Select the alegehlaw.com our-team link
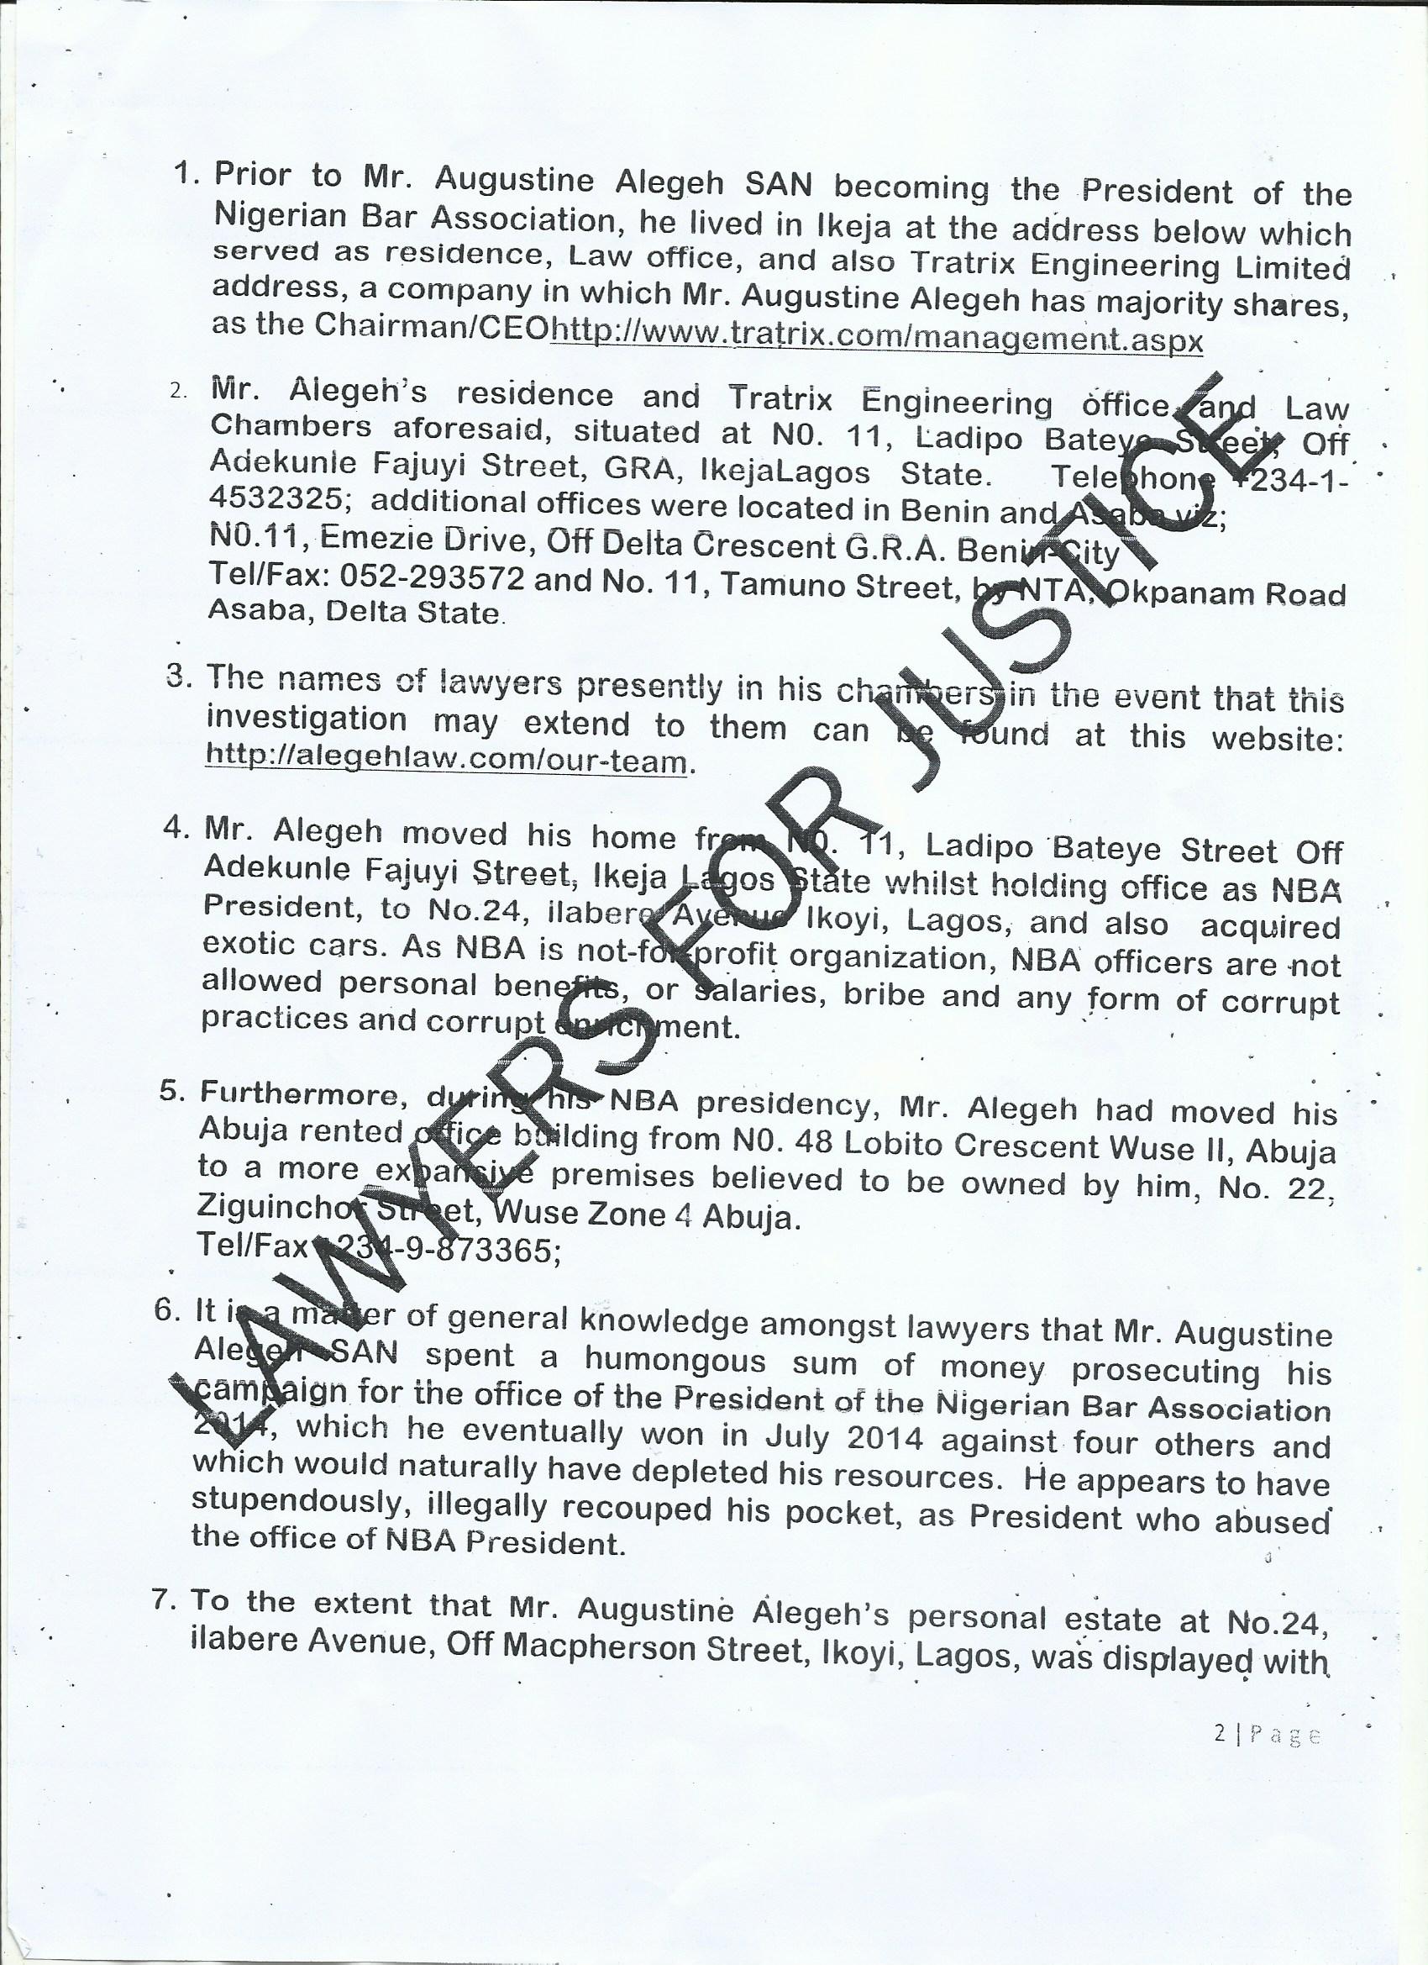(x=446, y=759)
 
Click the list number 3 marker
(x=177, y=675)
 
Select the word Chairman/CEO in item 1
(x=431, y=325)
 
